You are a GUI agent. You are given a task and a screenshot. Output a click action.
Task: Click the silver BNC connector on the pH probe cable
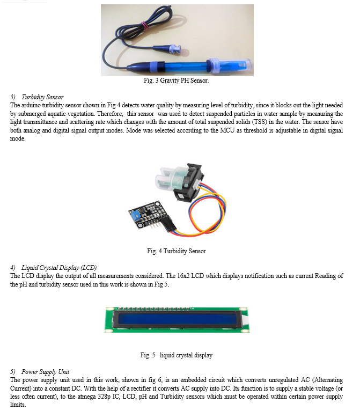[175, 49]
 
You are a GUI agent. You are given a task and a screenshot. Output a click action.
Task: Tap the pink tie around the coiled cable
[144, 25]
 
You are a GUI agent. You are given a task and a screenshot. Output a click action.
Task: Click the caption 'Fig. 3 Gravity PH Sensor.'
[177, 80]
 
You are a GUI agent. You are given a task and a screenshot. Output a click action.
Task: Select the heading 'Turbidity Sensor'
[42, 97]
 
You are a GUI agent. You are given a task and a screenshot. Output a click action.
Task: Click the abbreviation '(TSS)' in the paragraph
[259, 122]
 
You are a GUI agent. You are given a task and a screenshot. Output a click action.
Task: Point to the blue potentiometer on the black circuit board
[135, 216]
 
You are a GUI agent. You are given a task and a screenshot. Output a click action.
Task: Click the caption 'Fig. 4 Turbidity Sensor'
[177, 251]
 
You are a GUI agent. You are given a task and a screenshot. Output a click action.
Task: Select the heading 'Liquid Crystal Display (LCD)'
[59, 268]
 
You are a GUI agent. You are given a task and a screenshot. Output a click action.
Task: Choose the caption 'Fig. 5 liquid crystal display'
[177, 355]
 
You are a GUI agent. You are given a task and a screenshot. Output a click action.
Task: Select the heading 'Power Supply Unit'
[45, 372]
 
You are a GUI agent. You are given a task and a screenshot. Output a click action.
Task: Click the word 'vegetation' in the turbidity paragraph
[82, 114]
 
